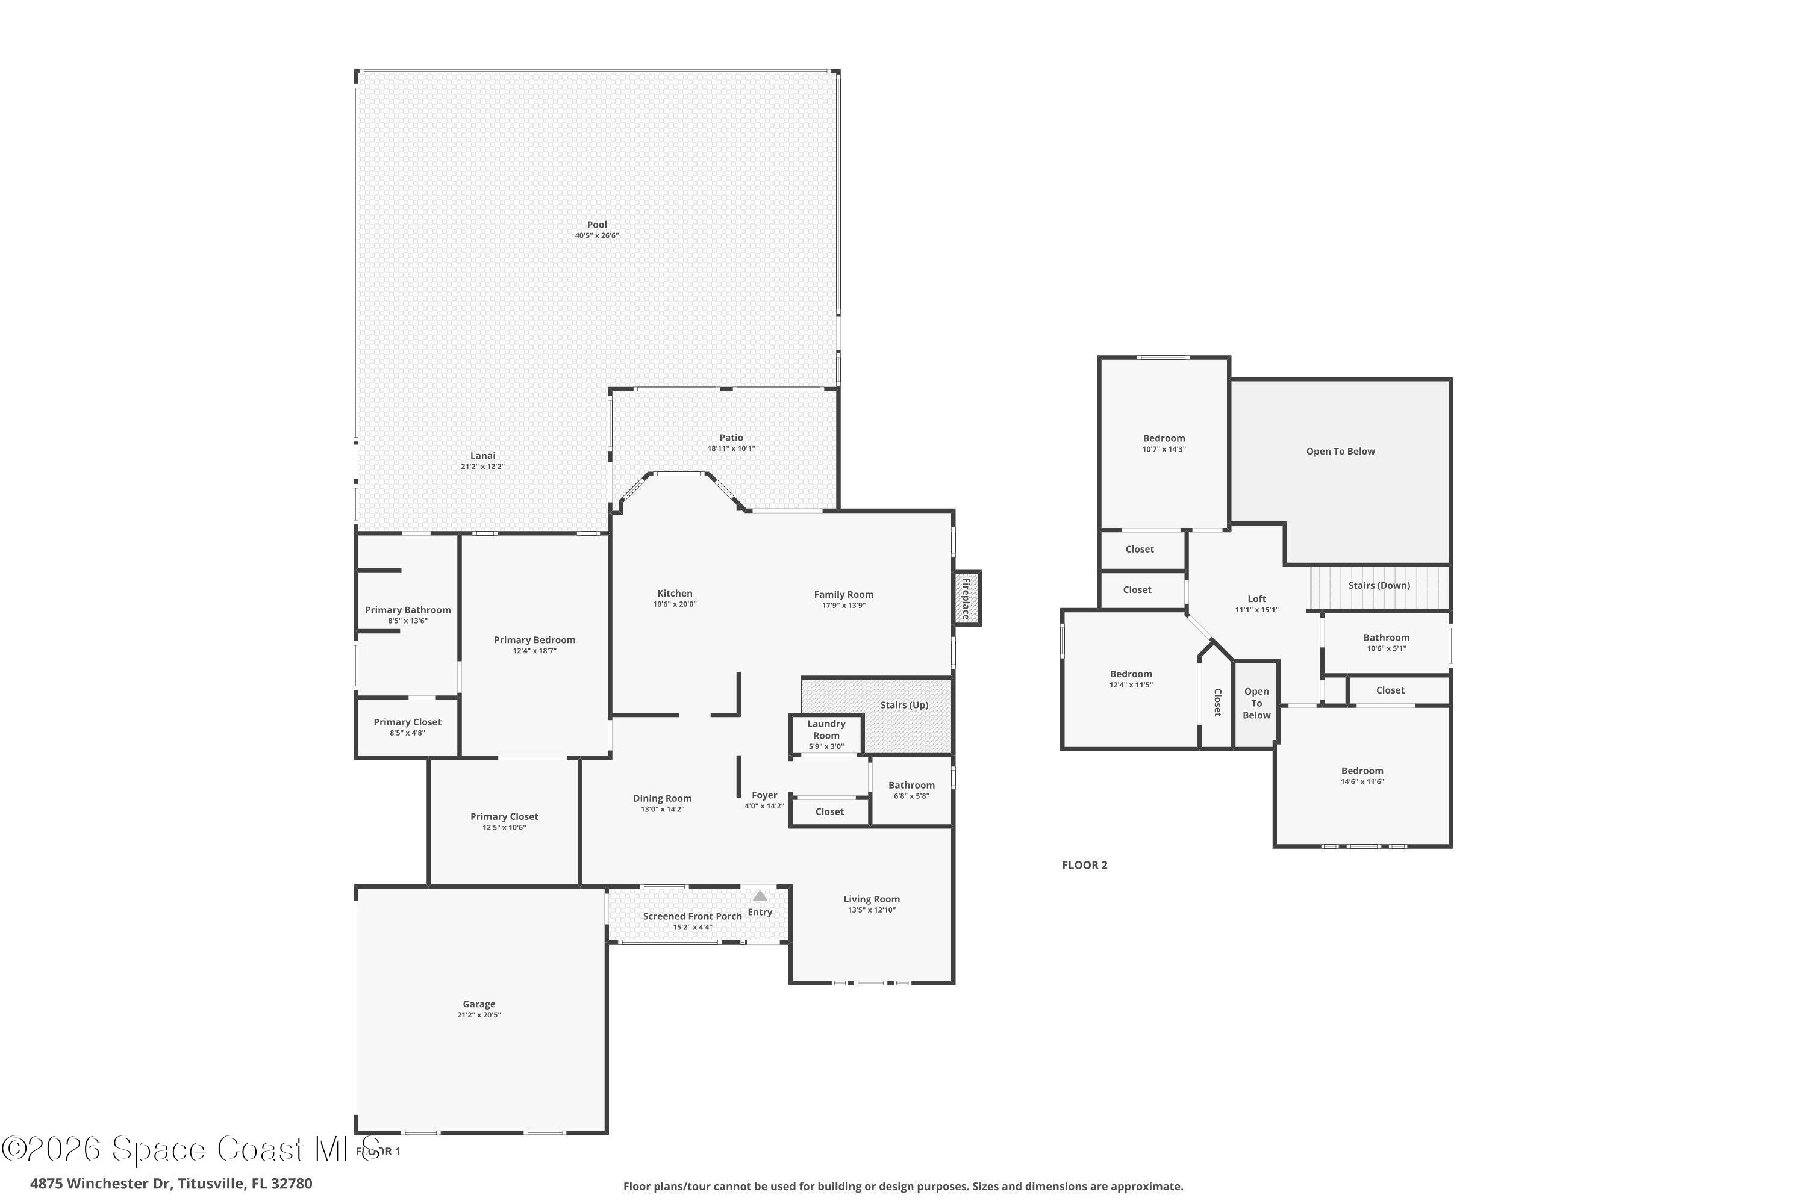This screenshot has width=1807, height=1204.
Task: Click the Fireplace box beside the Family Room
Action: pyautogui.click(x=967, y=598)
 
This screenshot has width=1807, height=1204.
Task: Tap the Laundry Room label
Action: pyautogui.click(x=826, y=730)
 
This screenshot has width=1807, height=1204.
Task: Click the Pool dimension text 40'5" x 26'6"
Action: pyautogui.click(x=597, y=236)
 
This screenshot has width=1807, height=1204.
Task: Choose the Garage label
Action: pyautogui.click(x=479, y=1004)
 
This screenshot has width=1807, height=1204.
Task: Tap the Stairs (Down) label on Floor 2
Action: pyautogui.click(x=1379, y=585)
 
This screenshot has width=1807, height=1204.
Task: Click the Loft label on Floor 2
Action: pyautogui.click(x=1257, y=599)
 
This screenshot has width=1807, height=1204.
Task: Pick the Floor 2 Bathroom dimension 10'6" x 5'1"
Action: pyautogui.click(x=1387, y=648)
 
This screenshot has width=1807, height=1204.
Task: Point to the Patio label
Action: pyautogui.click(x=731, y=438)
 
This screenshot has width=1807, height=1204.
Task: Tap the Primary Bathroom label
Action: pyautogui.click(x=408, y=610)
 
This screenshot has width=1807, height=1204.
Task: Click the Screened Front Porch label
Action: pyautogui.click(x=692, y=916)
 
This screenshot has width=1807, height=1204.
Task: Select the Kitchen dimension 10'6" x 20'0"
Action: pyautogui.click(x=675, y=604)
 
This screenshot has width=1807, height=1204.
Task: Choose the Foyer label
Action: pyautogui.click(x=764, y=795)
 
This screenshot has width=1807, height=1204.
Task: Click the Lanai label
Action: pyautogui.click(x=482, y=455)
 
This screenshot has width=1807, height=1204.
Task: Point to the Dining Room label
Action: pyautogui.click(x=662, y=799)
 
